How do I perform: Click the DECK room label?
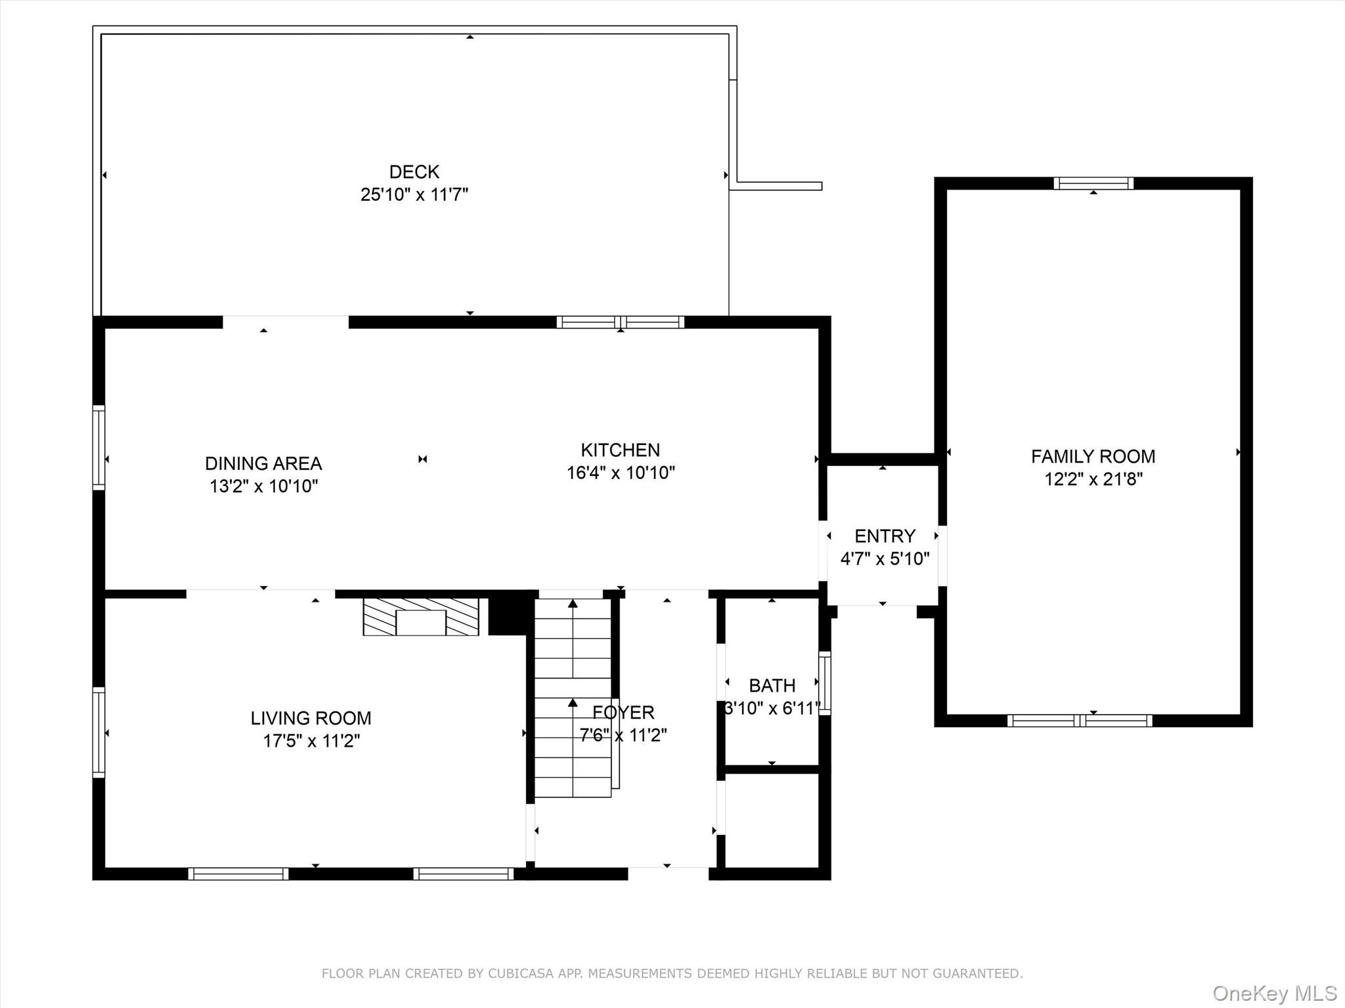[414, 172]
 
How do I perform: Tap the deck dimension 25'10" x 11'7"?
[414, 195]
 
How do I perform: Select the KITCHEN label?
[621, 450]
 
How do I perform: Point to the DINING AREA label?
[263, 464]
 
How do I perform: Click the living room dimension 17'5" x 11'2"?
[311, 741]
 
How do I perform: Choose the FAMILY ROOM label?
[1093, 457]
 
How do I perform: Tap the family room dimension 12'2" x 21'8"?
[1093, 479]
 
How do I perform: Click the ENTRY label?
[885, 536]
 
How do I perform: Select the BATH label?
[772, 686]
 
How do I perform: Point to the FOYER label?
[623, 713]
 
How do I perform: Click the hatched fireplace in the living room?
[421, 617]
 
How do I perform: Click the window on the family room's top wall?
[1093, 184]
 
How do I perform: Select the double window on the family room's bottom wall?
[1080, 721]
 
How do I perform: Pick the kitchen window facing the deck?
[621, 322]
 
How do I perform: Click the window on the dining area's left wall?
[99, 448]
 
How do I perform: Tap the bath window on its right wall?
[825, 683]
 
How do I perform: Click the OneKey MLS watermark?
[1275, 993]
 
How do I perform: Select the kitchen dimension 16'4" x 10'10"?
[621, 473]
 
